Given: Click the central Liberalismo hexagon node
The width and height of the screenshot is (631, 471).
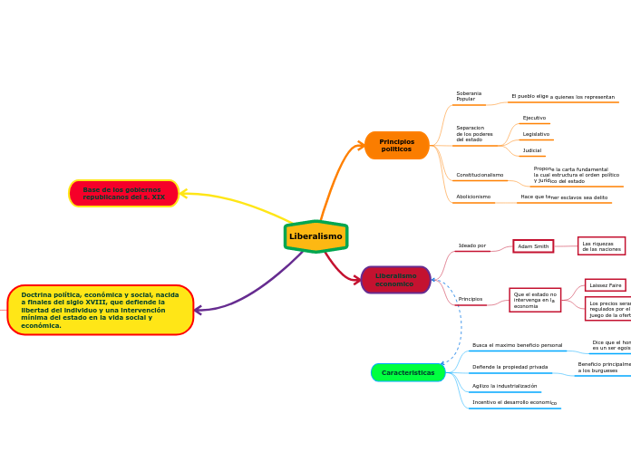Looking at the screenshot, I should click(x=315, y=236).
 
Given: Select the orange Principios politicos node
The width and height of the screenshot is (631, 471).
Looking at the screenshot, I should click(x=396, y=145).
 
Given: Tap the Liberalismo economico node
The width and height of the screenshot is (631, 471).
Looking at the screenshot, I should click(x=395, y=280).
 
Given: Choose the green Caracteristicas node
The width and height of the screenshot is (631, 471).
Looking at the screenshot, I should click(x=408, y=372).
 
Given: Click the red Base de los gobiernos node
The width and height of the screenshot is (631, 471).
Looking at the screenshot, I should click(x=123, y=193).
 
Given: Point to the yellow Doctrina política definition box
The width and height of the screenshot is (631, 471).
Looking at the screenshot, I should click(x=101, y=310).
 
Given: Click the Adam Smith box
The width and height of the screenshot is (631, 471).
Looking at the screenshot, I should click(x=533, y=246).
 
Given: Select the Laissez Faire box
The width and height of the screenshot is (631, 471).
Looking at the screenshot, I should click(x=605, y=285).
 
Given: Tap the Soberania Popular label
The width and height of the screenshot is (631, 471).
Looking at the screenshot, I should click(x=469, y=96).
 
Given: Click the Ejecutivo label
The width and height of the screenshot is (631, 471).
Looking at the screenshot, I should click(x=534, y=118).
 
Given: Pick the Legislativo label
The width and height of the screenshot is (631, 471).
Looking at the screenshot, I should click(x=536, y=134).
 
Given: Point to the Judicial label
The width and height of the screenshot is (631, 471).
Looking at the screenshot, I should click(x=532, y=150).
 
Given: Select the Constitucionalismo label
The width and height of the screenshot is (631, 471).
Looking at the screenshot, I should click(x=480, y=175).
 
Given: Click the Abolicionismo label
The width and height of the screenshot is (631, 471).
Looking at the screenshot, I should click(x=473, y=197).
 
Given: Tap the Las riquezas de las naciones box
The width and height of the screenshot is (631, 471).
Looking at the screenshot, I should click(x=601, y=246).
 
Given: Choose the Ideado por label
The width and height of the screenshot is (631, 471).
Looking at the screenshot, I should click(x=472, y=245).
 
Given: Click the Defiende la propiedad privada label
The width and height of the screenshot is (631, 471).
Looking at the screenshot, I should click(x=510, y=367).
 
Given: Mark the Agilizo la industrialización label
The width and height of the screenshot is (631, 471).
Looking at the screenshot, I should click(x=504, y=386).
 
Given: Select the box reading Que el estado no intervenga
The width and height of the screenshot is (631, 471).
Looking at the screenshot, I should click(x=535, y=300).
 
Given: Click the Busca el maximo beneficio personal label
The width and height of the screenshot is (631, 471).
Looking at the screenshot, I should click(x=517, y=345).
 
